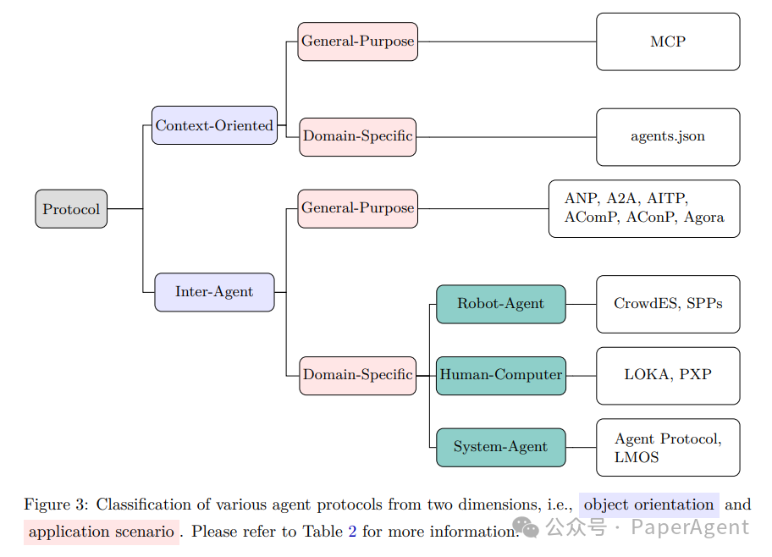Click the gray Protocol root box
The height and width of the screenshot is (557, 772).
(71, 209)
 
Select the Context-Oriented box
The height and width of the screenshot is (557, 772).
(214, 125)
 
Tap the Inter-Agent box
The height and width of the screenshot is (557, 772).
(214, 292)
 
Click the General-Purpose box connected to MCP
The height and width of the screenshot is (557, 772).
(358, 41)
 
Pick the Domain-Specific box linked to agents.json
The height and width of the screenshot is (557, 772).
(358, 136)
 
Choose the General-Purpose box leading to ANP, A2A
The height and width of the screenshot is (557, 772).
(358, 208)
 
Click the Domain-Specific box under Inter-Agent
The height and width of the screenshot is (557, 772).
(358, 375)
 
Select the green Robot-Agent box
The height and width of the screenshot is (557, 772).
(500, 304)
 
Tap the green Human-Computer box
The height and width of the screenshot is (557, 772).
(500, 375)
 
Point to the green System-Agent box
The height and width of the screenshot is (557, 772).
(500, 447)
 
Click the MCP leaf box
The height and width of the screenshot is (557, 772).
(668, 41)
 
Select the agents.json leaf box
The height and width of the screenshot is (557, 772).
(668, 136)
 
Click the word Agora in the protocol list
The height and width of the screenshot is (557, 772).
(704, 218)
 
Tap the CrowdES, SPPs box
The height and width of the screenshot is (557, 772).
(668, 304)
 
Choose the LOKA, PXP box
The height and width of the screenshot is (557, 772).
(668, 375)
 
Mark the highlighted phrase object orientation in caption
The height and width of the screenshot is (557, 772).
(648, 505)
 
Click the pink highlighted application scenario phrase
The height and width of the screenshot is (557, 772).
(102, 532)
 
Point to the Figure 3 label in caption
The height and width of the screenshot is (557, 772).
(55, 505)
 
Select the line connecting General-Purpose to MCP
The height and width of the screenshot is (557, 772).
(508, 41)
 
